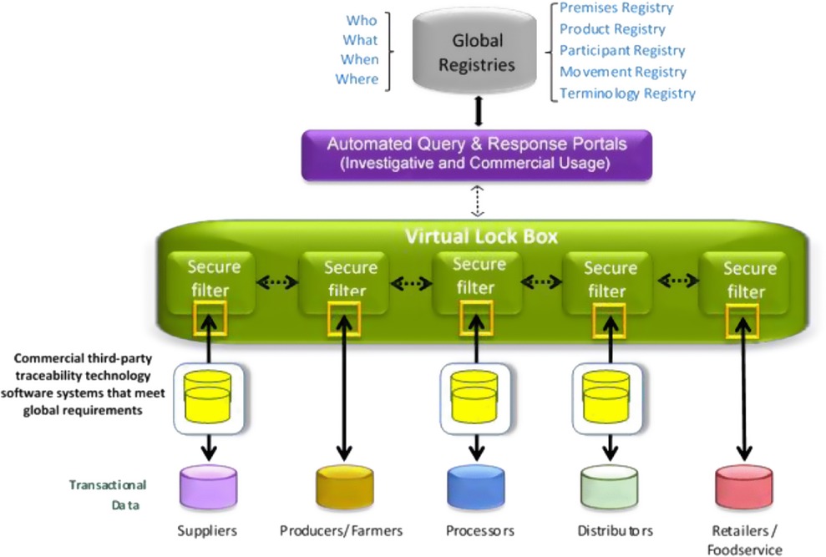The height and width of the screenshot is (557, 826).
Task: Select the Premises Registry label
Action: (x=616, y=8)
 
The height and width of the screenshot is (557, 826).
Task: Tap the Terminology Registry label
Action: (x=626, y=94)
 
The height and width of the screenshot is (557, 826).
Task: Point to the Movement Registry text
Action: (x=622, y=72)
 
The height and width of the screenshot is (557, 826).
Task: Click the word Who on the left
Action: (x=362, y=20)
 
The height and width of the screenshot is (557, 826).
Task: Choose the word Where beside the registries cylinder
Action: (x=357, y=79)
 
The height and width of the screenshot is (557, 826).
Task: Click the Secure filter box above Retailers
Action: (x=748, y=280)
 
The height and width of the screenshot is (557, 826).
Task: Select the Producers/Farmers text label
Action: (x=341, y=530)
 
